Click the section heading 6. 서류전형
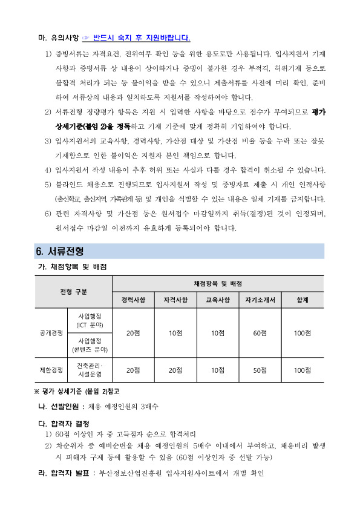point(59,251)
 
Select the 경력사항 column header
point(133,299)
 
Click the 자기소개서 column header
point(260,299)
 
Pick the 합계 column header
point(302,299)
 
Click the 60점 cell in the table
point(260,333)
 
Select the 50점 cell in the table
point(260,370)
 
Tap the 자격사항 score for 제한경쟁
point(175,370)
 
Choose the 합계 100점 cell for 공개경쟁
point(302,333)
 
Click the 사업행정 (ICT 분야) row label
point(90,321)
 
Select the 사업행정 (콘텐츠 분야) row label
point(90,345)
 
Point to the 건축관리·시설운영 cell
point(90,370)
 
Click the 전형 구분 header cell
point(73,292)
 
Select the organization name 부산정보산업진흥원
point(128,473)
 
